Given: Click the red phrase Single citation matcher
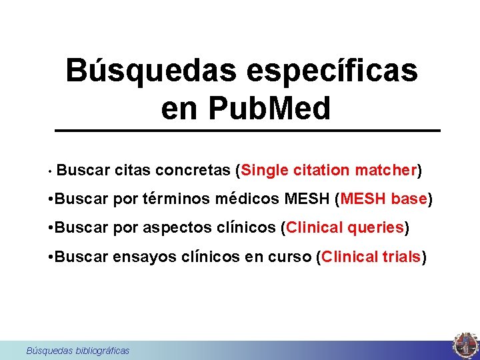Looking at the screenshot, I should pos(329,170).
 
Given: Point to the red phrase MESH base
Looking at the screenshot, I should pos(383,199).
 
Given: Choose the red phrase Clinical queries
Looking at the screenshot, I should pos(345,227).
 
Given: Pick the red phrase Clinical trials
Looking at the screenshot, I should pos(371,257).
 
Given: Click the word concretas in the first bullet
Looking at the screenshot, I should pos(193,170).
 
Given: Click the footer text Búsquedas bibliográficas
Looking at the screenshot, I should pos(77,351).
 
